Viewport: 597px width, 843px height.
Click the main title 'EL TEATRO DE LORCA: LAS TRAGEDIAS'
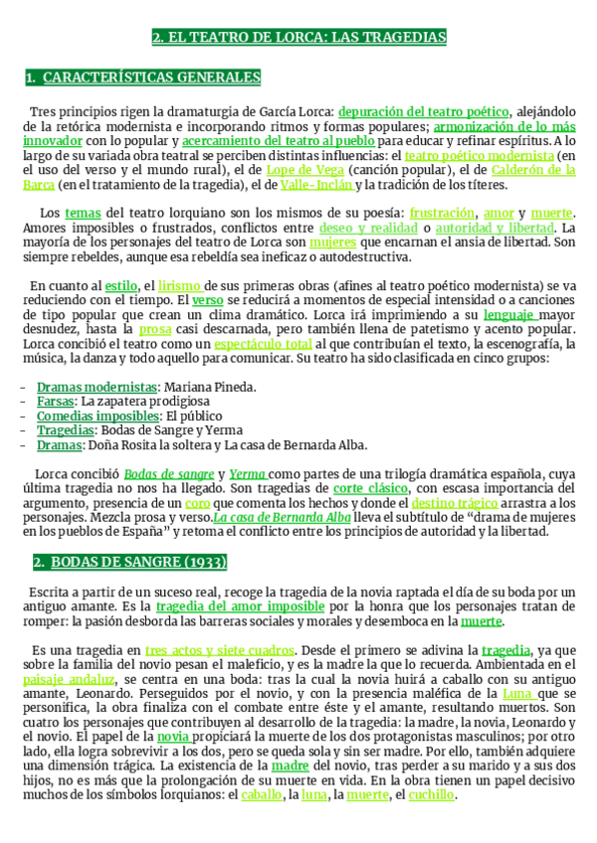(x=298, y=38)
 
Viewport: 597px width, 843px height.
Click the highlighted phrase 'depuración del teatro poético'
(x=424, y=112)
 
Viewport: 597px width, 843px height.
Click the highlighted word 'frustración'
(x=442, y=214)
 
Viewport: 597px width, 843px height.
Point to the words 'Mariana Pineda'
(x=210, y=387)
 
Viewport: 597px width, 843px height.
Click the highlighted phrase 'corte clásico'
(x=370, y=489)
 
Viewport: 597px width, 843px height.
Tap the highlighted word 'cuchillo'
(x=430, y=795)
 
